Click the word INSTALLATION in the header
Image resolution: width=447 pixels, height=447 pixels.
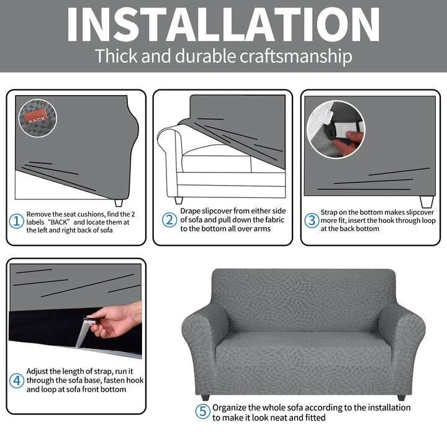coord(223,24)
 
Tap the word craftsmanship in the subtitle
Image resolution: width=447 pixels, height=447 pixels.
coord(296,56)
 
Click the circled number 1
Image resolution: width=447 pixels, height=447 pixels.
coord(16,221)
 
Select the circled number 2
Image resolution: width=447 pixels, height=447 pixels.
coord(169,220)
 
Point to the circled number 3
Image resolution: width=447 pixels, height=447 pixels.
coord(311,220)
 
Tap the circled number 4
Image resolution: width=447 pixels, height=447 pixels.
coord(17,381)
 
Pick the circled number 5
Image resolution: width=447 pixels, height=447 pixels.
coord(202,411)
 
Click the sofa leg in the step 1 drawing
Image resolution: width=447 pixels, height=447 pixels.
coord(119,202)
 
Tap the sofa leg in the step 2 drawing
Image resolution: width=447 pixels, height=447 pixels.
coord(179,201)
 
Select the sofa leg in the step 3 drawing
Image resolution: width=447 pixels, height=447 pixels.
coord(427,202)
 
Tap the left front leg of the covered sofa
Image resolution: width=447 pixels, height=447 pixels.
coord(205,397)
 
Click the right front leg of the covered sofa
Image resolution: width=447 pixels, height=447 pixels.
coord(401,397)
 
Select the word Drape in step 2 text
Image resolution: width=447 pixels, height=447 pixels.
coord(191,211)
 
